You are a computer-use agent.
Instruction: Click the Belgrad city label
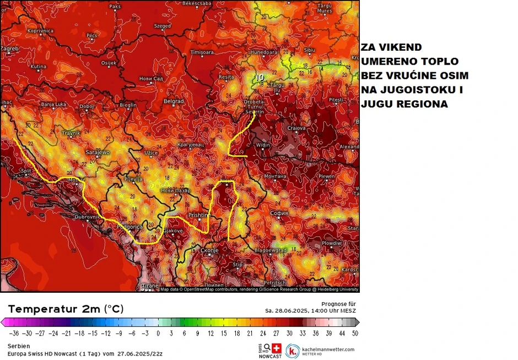[x=174, y=101]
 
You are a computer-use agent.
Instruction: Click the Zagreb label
[x=9, y=49]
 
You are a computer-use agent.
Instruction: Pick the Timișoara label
[x=202, y=52]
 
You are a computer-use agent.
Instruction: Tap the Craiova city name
[x=296, y=128]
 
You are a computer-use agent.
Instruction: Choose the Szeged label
[x=162, y=26]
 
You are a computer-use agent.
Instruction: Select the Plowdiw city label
[x=332, y=243]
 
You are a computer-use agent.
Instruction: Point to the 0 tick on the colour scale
[x=158, y=333]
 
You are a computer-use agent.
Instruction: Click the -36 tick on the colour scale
[x=14, y=333]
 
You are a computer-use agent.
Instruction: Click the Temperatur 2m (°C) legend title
[x=66, y=309]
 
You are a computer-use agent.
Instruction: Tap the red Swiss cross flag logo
[x=277, y=349]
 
